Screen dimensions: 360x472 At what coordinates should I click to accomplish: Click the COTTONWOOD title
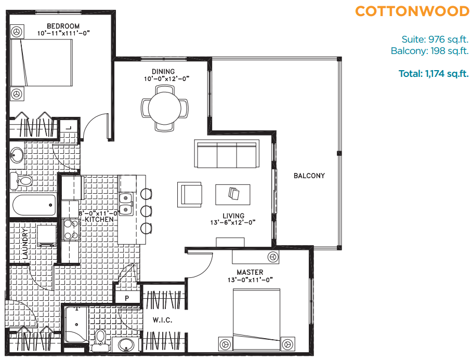412,11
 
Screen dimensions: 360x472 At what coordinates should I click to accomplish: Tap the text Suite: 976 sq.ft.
435,39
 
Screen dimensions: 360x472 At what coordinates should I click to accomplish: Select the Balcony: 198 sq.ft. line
429,50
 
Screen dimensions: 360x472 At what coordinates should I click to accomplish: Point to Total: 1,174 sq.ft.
434,74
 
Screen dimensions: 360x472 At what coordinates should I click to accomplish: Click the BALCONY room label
309,176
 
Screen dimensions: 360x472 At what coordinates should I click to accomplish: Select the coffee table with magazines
233,194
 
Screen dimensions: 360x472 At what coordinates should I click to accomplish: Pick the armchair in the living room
190,194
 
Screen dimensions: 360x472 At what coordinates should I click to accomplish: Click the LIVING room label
233,216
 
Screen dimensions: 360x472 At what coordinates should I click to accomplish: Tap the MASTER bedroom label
250,272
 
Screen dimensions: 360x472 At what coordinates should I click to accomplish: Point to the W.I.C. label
162,320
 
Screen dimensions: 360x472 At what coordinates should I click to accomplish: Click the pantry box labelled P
127,298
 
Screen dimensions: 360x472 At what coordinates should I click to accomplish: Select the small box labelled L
68,127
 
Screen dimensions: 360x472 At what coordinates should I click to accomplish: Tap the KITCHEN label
99,220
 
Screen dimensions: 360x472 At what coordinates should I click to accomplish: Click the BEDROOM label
63,26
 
